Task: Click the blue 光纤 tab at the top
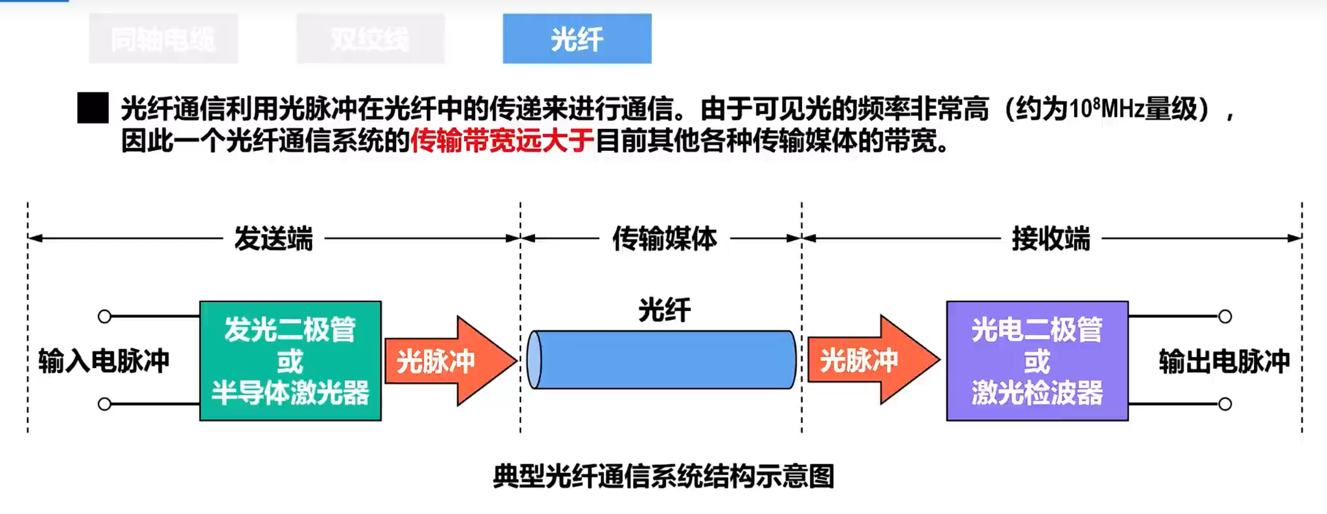tap(577, 39)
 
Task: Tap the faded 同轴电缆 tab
tap(163, 40)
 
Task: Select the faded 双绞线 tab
tap(370, 40)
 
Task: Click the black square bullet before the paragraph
tap(93, 108)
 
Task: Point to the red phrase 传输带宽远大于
tap(502, 141)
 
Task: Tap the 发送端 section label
tap(274, 238)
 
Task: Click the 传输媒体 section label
tap(664, 238)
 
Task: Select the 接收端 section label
tap(1050, 238)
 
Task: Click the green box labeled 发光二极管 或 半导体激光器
tap(291, 361)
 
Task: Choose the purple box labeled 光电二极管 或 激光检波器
tap(1037, 361)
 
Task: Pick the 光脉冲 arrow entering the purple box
tap(872, 359)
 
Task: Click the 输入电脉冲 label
tap(103, 361)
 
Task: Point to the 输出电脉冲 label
tap(1224, 361)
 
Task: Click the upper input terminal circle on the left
tap(105, 316)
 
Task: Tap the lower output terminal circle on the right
tap(1225, 404)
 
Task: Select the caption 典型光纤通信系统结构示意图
tap(663, 476)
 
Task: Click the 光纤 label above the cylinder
tap(664, 310)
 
